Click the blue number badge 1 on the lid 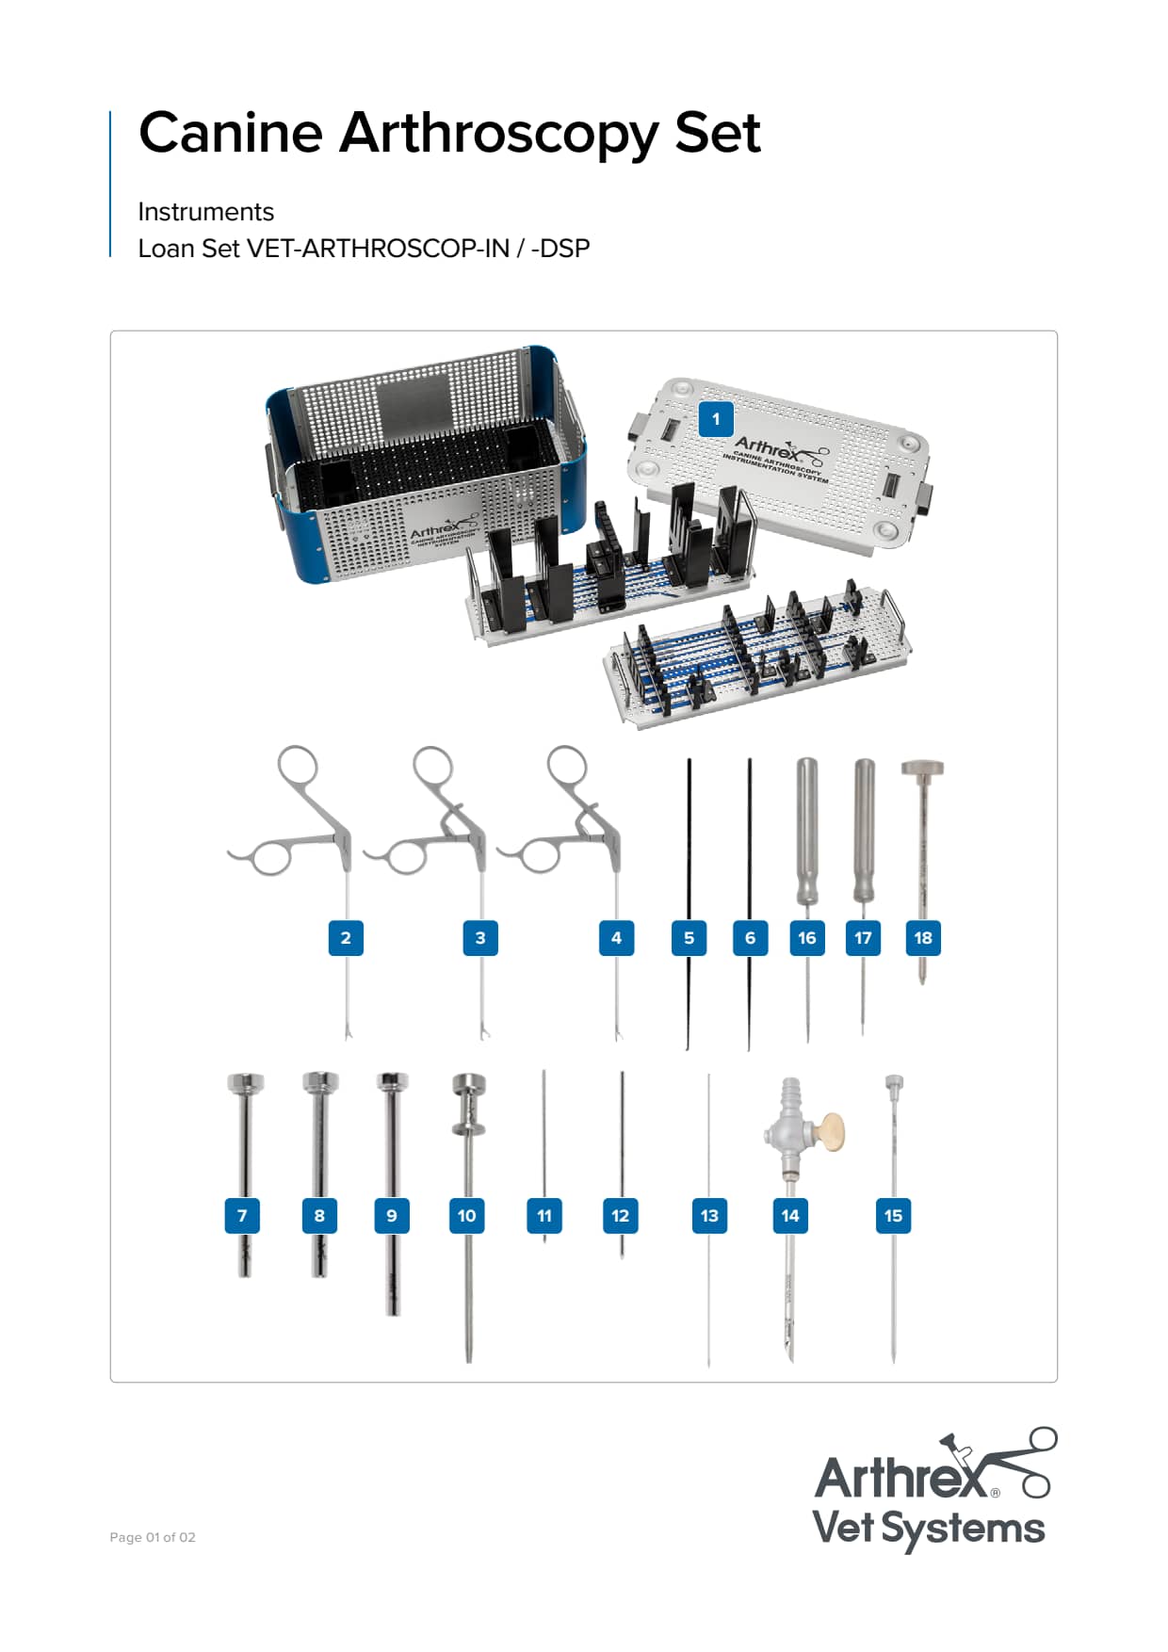tap(716, 419)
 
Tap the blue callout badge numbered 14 tap(790, 1216)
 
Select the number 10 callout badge tap(466, 1216)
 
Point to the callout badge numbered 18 tap(923, 938)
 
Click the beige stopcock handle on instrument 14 tap(830, 1131)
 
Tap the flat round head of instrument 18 tap(922, 768)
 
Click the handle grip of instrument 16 tap(807, 829)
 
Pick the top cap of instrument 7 tap(245, 1082)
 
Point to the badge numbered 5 tap(689, 938)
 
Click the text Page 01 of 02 tap(153, 1537)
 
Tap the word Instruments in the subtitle tap(205, 212)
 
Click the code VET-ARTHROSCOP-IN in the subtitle tap(378, 249)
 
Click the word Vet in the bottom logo tap(843, 1528)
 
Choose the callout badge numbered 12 tap(620, 1216)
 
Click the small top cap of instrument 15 tap(894, 1082)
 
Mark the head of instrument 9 tap(392, 1081)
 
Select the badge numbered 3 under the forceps tap(480, 938)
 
